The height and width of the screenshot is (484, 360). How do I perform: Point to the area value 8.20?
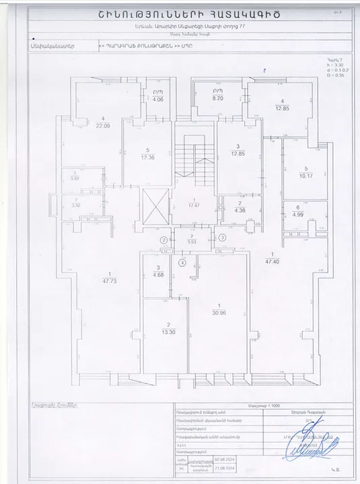pyautogui.click(x=217, y=97)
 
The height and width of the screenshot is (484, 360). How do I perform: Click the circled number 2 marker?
pyautogui.click(x=163, y=239)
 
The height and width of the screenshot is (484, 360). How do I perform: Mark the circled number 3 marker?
pyautogui.click(x=222, y=238)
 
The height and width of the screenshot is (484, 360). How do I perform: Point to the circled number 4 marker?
pyautogui.click(x=181, y=263)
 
